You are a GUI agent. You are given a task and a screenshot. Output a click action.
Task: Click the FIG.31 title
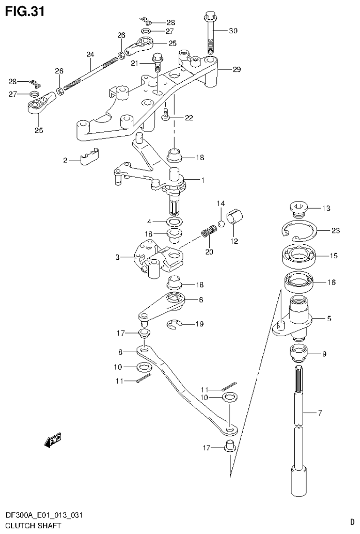pyautogui.click(x=25, y=11)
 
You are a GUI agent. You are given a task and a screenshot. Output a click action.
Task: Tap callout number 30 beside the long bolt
pyautogui.click(x=233, y=31)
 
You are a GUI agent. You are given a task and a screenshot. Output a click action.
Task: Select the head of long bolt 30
pyautogui.click(x=209, y=18)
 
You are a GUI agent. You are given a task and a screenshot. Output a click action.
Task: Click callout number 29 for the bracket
pyautogui.click(x=236, y=70)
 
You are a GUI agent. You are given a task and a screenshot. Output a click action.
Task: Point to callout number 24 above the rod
pyautogui.click(x=90, y=54)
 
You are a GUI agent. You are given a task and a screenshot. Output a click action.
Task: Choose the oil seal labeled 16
pyautogui.click(x=299, y=283)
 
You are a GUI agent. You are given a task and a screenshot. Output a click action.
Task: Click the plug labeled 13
pyautogui.click(x=298, y=208)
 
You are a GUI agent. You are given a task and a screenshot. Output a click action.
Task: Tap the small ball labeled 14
pyautogui.click(x=221, y=223)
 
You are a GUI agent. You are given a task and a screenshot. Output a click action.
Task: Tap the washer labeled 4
pyautogui.click(x=174, y=221)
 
